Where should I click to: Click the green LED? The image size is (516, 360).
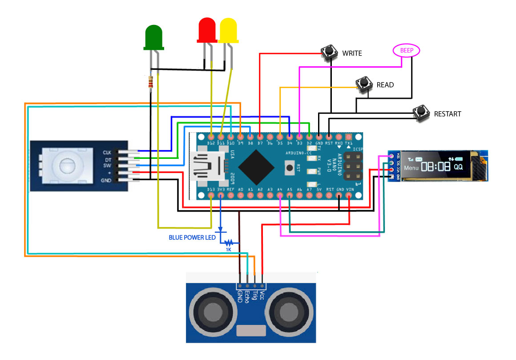coord(153,36)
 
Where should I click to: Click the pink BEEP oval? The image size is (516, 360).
coord(407,51)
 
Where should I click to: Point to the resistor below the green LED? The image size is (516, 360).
coord(151,82)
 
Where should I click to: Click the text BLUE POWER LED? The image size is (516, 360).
coord(192,238)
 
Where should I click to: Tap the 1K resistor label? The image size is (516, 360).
coord(229,250)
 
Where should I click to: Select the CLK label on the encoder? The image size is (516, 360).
coord(107,152)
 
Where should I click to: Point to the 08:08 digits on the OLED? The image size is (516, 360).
coord(436,167)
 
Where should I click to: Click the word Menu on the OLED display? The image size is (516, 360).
coord(411,168)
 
